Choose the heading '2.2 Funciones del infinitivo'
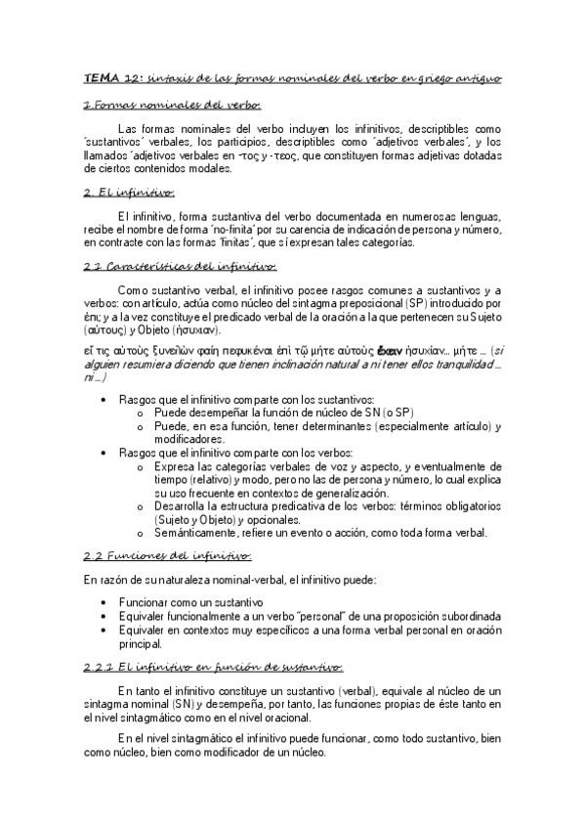[x=167, y=555]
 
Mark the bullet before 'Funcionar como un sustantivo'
[x=104, y=603]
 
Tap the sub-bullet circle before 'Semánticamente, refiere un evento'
[x=143, y=533]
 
